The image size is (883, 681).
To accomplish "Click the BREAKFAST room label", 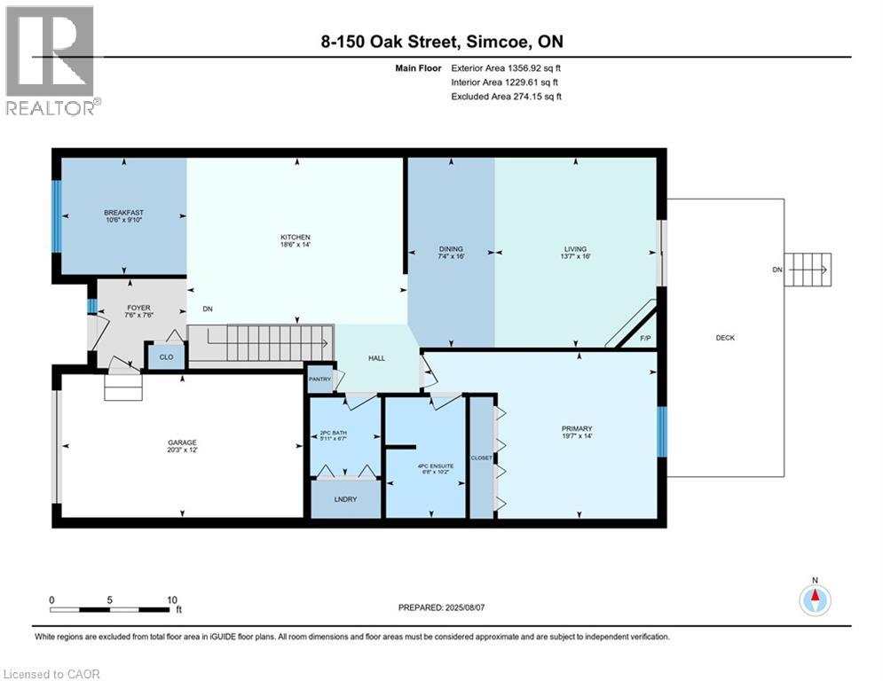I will [123, 213].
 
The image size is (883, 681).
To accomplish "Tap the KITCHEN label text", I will [295, 238].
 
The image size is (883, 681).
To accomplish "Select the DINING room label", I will [451, 249].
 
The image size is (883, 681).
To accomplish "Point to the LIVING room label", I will [575, 249].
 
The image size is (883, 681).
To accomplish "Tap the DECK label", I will [725, 337].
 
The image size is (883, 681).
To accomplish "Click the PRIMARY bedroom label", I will [577, 428].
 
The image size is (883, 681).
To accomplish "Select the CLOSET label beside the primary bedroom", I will [482, 458].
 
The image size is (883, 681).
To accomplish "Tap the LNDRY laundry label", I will [345, 499].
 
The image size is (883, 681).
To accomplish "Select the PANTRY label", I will [319, 379].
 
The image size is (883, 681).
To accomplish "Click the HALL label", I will [377, 358].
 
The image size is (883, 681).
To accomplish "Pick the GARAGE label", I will [183, 442].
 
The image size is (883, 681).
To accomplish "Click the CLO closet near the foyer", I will [166, 356].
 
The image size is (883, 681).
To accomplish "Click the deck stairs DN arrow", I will [809, 269].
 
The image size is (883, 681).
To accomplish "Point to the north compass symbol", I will [815, 599].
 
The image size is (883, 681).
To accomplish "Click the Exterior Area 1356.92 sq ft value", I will [507, 67].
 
